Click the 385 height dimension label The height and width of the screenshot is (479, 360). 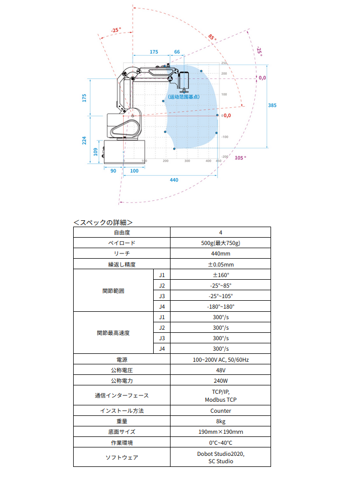click(x=272, y=106)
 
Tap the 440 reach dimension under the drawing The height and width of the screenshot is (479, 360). click(x=174, y=180)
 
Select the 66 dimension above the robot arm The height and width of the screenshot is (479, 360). click(x=177, y=52)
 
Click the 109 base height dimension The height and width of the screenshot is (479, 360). click(x=95, y=151)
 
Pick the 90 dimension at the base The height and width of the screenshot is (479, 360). click(x=113, y=171)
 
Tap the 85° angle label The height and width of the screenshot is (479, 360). click(x=212, y=37)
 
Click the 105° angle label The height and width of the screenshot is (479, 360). click(x=241, y=158)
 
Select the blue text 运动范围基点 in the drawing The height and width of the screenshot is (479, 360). click(x=184, y=97)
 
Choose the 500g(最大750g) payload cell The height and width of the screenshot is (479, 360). click(x=221, y=243)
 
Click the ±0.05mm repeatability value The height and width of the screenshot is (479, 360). click(x=221, y=264)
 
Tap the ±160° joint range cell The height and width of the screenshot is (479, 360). click(x=221, y=275)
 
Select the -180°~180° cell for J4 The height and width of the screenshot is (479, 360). click(x=221, y=307)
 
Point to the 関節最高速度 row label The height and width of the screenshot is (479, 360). click(x=113, y=333)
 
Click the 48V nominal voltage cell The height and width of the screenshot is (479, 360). click(x=221, y=370)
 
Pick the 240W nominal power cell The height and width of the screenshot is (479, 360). click(x=221, y=381)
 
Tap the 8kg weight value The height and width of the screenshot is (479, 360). click(x=221, y=421)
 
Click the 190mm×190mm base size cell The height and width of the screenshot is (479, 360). click(x=221, y=432)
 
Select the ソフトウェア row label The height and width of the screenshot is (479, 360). click(x=122, y=457)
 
